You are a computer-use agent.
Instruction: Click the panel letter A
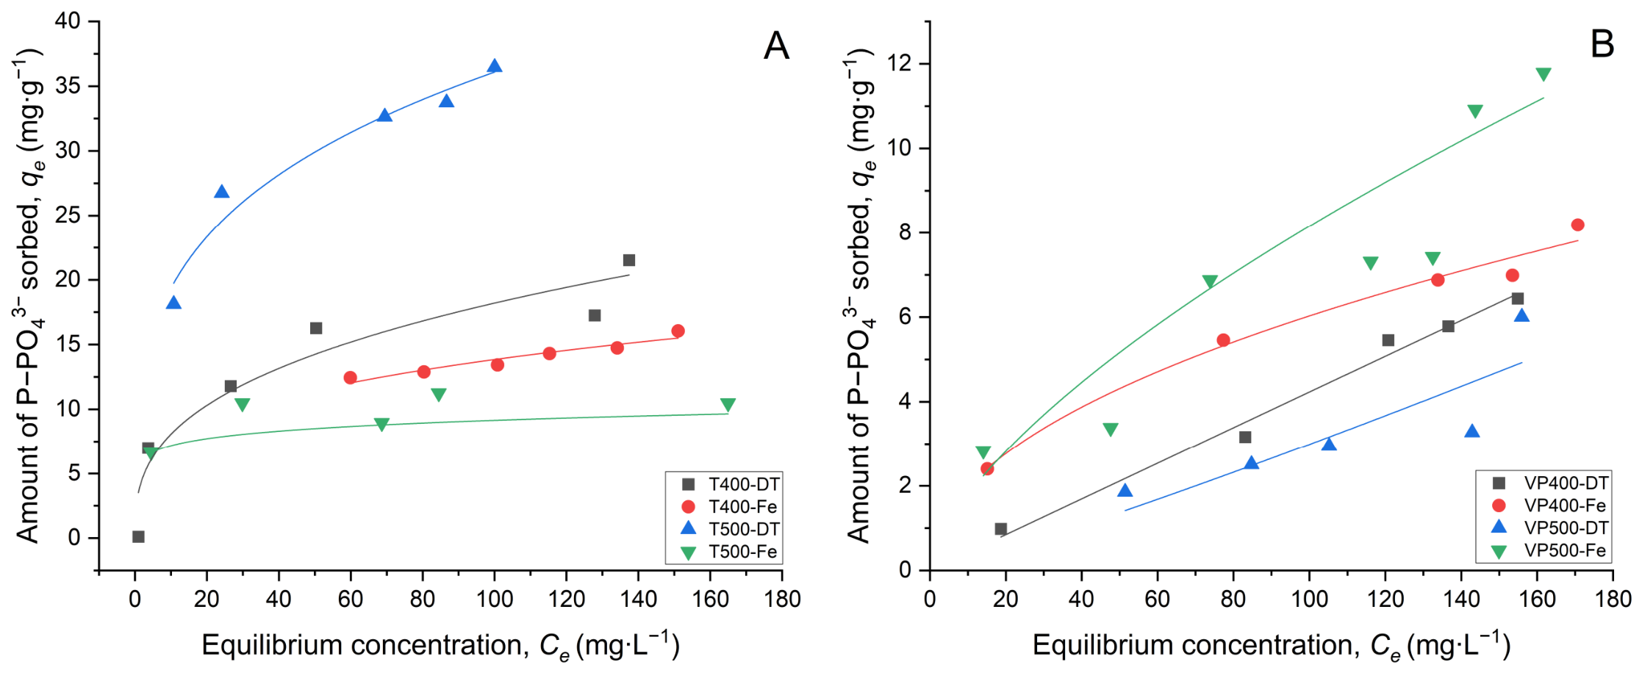[x=776, y=46]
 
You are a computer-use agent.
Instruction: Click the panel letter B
[x=1602, y=45]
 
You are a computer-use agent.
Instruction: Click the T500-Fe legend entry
[x=731, y=552]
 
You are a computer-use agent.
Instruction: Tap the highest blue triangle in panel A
[x=495, y=66]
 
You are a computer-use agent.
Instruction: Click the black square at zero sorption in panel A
[x=138, y=537]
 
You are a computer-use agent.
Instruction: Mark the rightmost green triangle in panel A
[x=728, y=405]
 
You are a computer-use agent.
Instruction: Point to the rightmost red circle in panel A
[x=678, y=331]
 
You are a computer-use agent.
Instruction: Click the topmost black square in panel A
[x=629, y=260]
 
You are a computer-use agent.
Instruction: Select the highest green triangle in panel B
[x=1544, y=74]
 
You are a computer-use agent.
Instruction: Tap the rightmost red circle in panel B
[x=1577, y=225]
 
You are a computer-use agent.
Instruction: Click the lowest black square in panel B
[x=1000, y=529]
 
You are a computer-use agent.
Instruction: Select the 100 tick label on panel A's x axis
[x=494, y=600]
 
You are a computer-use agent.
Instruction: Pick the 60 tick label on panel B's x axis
[x=1157, y=600]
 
